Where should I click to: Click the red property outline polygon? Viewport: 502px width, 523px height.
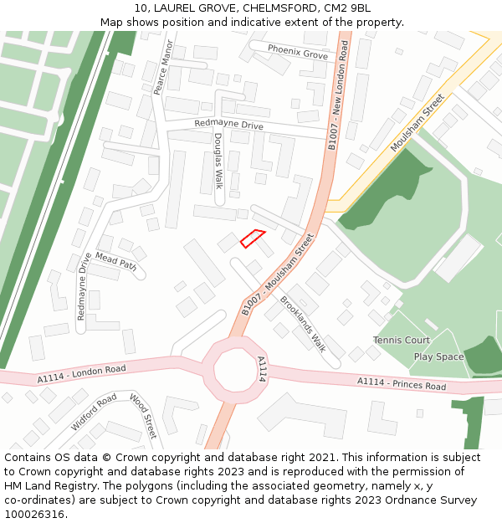pyautogui.click(x=253, y=238)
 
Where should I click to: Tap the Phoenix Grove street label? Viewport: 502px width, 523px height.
pyautogui.click(x=298, y=52)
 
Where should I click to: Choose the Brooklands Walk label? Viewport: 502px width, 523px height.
pyautogui.click(x=303, y=323)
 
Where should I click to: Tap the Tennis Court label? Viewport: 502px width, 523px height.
pyautogui.click(x=402, y=341)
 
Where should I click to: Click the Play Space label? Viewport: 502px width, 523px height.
pyautogui.click(x=438, y=356)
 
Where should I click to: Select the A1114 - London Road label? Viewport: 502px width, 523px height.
pyautogui.click(x=81, y=373)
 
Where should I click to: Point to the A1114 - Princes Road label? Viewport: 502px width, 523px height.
pyautogui.click(x=402, y=384)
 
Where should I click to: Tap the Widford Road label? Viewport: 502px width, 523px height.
pyautogui.click(x=94, y=413)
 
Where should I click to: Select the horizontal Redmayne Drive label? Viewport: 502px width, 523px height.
pyautogui.click(x=228, y=125)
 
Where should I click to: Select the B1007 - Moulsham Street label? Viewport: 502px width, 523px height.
pyautogui.click(x=277, y=274)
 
